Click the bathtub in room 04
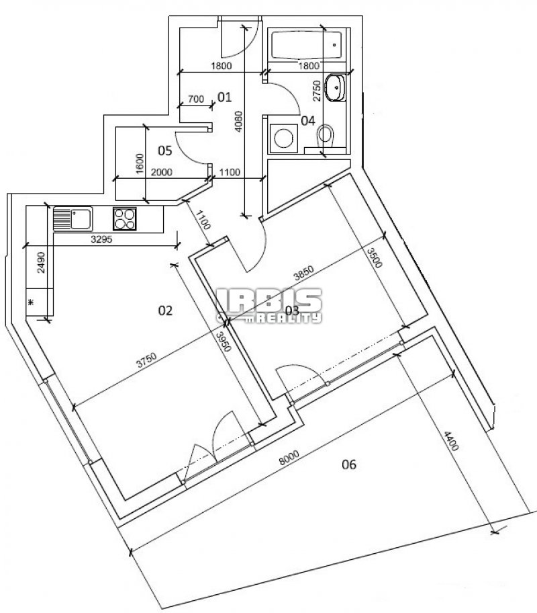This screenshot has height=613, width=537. tap(306, 45)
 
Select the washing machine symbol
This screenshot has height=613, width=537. tap(283, 138)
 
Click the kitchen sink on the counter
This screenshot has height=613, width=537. tap(72, 218)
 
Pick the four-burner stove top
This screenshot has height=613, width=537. tap(125, 218)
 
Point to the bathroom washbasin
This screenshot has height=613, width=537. tap(336, 87)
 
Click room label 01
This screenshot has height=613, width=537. tap(224, 97)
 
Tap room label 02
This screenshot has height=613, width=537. tap(165, 311)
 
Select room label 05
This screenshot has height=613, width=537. tap(165, 150)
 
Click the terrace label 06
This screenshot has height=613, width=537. tap(349, 464)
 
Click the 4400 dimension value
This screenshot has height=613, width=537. tap(450, 441)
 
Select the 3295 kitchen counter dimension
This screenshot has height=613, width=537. tap(101, 239)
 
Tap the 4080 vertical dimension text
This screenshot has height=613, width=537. tap(238, 122)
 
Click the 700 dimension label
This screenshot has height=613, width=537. tap(195, 99)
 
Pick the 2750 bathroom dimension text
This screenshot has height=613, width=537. tap(317, 91)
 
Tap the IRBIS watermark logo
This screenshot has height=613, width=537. tap(269, 305)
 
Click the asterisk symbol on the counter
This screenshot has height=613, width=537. tap(32, 302)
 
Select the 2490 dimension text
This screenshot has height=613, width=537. tap(42, 262)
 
